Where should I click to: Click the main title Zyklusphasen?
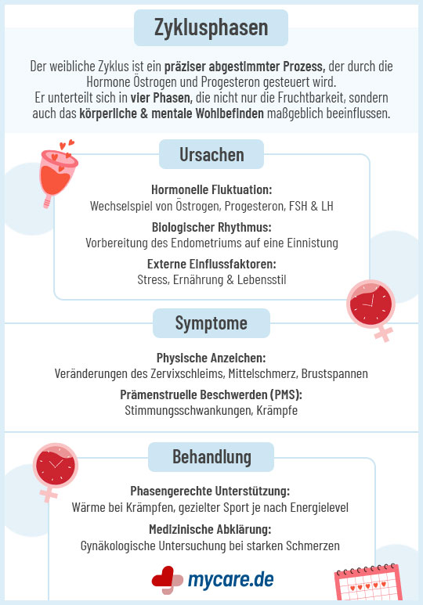pos(211,28)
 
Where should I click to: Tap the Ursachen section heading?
pos(211,154)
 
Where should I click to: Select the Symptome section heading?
pos(211,323)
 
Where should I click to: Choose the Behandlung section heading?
pos(211,456)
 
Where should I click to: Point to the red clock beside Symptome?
pos(369,303)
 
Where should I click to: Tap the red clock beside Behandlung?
pos(55,468)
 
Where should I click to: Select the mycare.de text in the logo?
pos(231,579)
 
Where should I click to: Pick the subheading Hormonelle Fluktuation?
pos(211,190)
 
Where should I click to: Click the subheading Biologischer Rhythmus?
pos(211,227)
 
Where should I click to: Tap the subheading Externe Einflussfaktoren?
pos(211,264)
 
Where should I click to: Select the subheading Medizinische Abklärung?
pos(211,528)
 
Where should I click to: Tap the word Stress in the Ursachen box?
pos(153,279)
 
